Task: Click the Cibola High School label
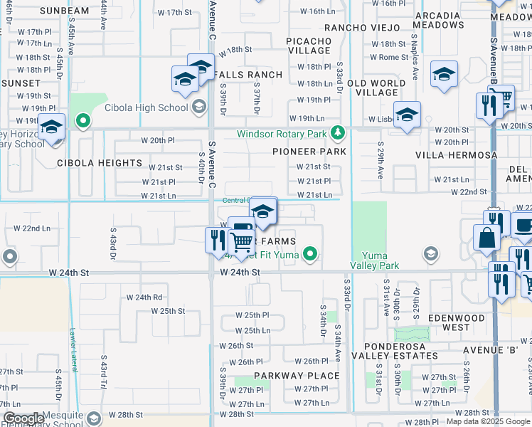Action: (x=146, y=107)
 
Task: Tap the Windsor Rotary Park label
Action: (x=282, y=133)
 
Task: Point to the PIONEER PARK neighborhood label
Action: (x=309, y=152)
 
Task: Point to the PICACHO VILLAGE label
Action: (x=309, y=46)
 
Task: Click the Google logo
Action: (x=23, y=418)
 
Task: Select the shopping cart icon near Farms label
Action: (x=243, y=243)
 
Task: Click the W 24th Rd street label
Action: (x=144, y=297)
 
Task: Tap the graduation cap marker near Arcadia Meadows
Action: (x=444, y=75)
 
